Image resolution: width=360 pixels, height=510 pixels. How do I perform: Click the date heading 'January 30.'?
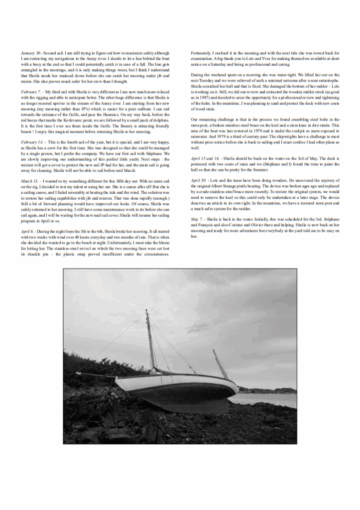coord(31,52)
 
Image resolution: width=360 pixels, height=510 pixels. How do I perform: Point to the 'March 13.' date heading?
coord(30,181)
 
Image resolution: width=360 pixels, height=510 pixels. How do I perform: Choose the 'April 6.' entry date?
coord(29,232)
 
